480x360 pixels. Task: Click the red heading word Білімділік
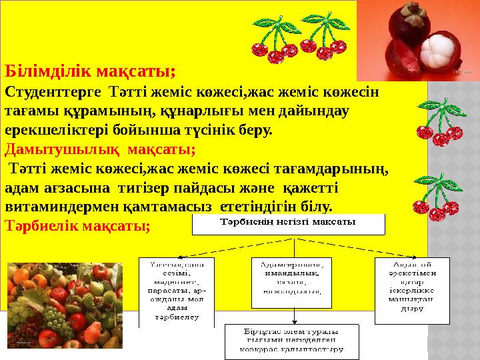tap(47, 70)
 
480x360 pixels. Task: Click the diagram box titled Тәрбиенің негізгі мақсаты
tap(288, 224)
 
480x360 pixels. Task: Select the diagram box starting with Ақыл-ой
tap(412, 284)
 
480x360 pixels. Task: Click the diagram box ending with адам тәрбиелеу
tap(177, 291)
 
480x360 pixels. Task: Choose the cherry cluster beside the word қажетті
tap(436, 197)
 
